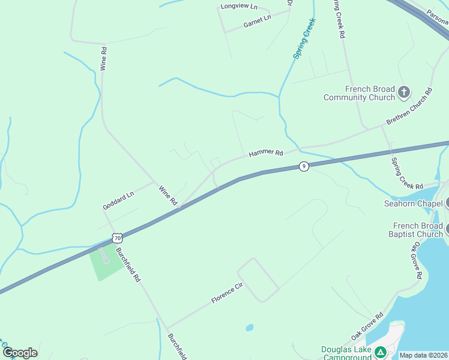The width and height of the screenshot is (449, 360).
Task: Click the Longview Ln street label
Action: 238,7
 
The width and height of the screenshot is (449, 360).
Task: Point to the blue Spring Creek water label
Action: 305,38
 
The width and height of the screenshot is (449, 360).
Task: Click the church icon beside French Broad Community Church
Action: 404,92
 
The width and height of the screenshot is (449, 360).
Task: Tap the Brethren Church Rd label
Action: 409,108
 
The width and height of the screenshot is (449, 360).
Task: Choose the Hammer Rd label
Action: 265,154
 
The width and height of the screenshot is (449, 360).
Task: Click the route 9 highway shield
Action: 304,166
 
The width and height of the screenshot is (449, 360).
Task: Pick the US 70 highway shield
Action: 118,238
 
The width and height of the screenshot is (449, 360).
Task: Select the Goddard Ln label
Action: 117,201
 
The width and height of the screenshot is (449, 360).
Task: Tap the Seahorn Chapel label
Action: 413,203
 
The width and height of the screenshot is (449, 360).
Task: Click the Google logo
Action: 20,353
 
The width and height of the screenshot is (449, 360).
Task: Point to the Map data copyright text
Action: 423,355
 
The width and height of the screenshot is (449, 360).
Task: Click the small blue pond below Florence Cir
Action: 249,328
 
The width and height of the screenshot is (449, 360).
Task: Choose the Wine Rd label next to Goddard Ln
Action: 169,196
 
